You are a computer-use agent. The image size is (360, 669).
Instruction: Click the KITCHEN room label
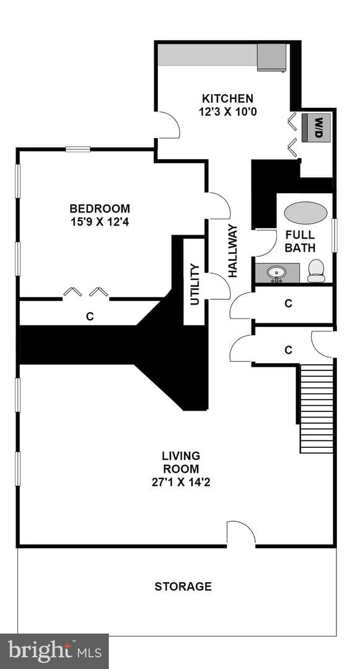(x=227, y=99)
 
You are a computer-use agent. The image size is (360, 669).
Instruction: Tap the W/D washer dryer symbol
(x=316, y=128)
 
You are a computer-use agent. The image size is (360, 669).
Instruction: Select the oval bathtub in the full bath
(x=306, y=212)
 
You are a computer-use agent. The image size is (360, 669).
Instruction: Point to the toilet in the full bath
(x=316, y=271)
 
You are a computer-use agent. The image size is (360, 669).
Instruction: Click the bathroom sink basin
(x=277, y=272)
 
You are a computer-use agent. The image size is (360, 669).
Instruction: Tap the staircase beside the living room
(x=317, y=408)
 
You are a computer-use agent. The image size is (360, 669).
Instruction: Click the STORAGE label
(x=183, y=586)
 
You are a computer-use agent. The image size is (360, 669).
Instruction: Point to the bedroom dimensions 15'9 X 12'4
(x=99, y=222)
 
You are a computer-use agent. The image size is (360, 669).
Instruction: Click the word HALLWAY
(x=233, y=251)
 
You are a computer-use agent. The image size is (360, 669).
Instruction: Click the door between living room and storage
(x=241, y=533)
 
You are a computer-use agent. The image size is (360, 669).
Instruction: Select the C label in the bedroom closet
(x=90, y=317)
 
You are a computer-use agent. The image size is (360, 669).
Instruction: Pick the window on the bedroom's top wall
(x=78, y=149)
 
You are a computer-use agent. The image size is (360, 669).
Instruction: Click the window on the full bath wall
(x=335, y=235)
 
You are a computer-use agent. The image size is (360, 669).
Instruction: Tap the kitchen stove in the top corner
(x=271, y=57)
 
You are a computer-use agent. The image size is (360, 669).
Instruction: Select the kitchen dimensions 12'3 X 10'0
(x=227, y=111)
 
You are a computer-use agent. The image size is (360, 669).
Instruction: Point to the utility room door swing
(x=217, y=286)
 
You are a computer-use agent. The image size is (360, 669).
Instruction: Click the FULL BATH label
(x=300, y=241)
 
